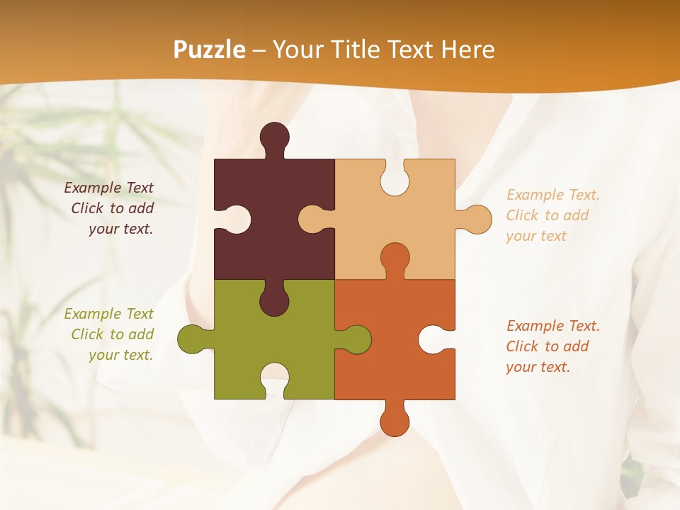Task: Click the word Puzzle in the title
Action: pyautogui.click(x=210, y=50)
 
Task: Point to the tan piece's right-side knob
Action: pyautogui.click(x=477, y=219)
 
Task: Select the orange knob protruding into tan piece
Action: pyautogui.click(x=395, y=259)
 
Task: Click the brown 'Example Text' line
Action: pyautogui.click(x=108, y=188)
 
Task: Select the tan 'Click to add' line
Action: pyautogui.click(x=547, y=215)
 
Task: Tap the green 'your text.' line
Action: pyautogui.click(x=120, y=355)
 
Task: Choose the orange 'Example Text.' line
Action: pyautogui.click(x=552, y=326)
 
